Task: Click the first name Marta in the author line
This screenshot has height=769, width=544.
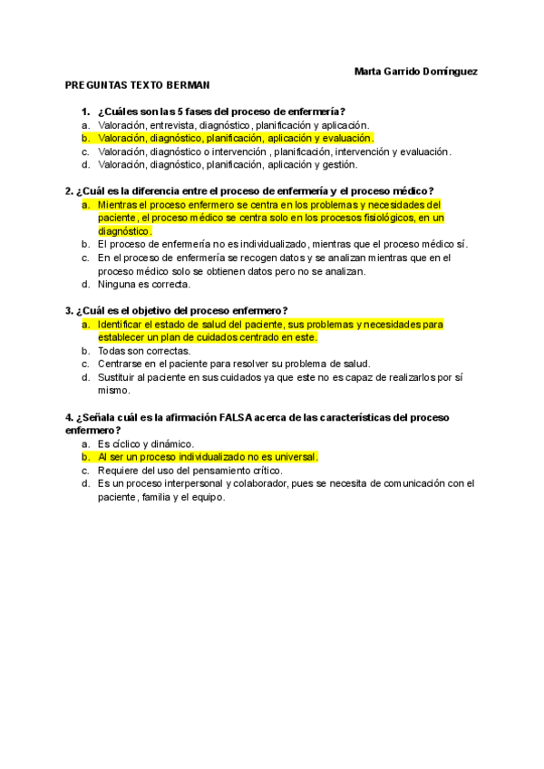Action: (369, 71)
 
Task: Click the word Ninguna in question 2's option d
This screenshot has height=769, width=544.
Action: (117, 284)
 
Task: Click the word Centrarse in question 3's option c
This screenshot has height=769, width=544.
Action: (121, 364)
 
